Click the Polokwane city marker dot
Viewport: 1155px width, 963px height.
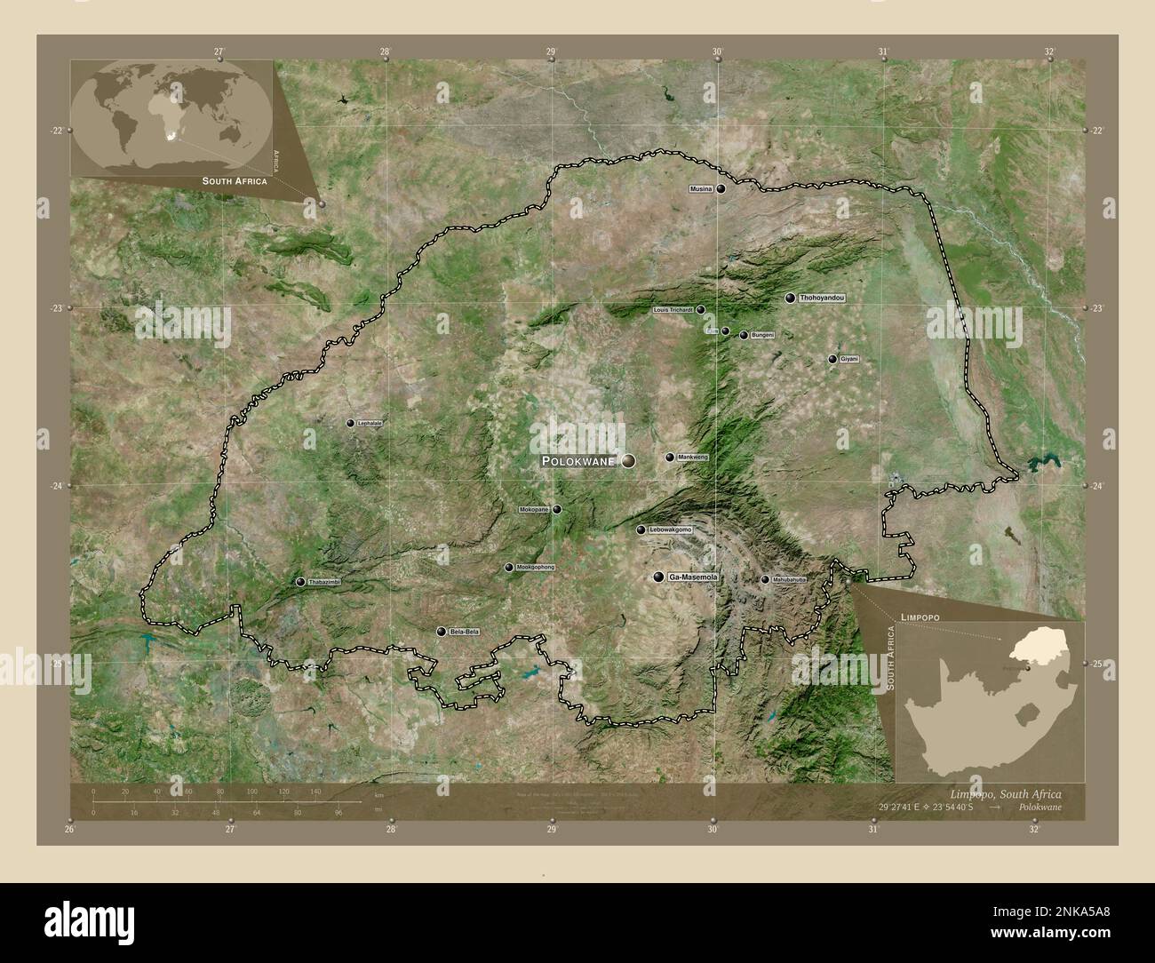(629, 460)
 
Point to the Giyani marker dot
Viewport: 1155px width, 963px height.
(832, 359)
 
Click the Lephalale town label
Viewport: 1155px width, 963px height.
(370, 424)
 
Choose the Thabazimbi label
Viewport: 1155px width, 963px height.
(324, 582)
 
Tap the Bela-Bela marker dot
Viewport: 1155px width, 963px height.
(441, 632)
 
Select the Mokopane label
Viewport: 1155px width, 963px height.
(535, 510)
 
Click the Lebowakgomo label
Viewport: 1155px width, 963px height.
(671, 529)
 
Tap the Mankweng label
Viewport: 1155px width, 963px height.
(693, 458)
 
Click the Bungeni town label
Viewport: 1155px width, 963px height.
(763, 335)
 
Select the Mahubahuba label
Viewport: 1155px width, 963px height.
(789, 579)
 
